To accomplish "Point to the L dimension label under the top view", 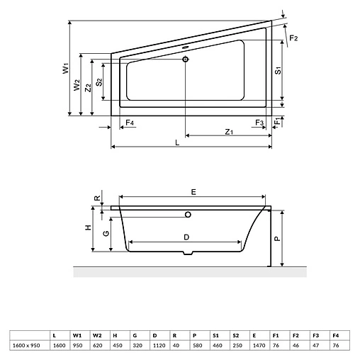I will (176, 142).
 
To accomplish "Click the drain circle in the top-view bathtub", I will (186, 60).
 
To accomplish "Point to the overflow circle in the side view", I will (188, 214).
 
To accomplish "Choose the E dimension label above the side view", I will (193, 191).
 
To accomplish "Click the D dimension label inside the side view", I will (186, 236).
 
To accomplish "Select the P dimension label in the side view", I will (279, 239).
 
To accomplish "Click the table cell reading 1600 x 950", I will (25, 345).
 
